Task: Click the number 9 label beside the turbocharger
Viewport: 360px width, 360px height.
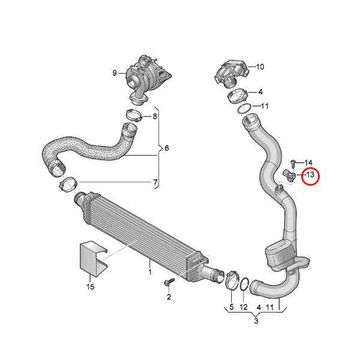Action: [114, 74]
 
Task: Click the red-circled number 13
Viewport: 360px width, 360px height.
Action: [310, 176]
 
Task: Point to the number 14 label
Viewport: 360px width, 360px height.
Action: [308, 163]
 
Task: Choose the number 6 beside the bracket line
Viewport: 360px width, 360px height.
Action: [167, 148]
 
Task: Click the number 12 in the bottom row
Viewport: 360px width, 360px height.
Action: [242, 307]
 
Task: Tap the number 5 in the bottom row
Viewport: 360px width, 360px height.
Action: [231, 307]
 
